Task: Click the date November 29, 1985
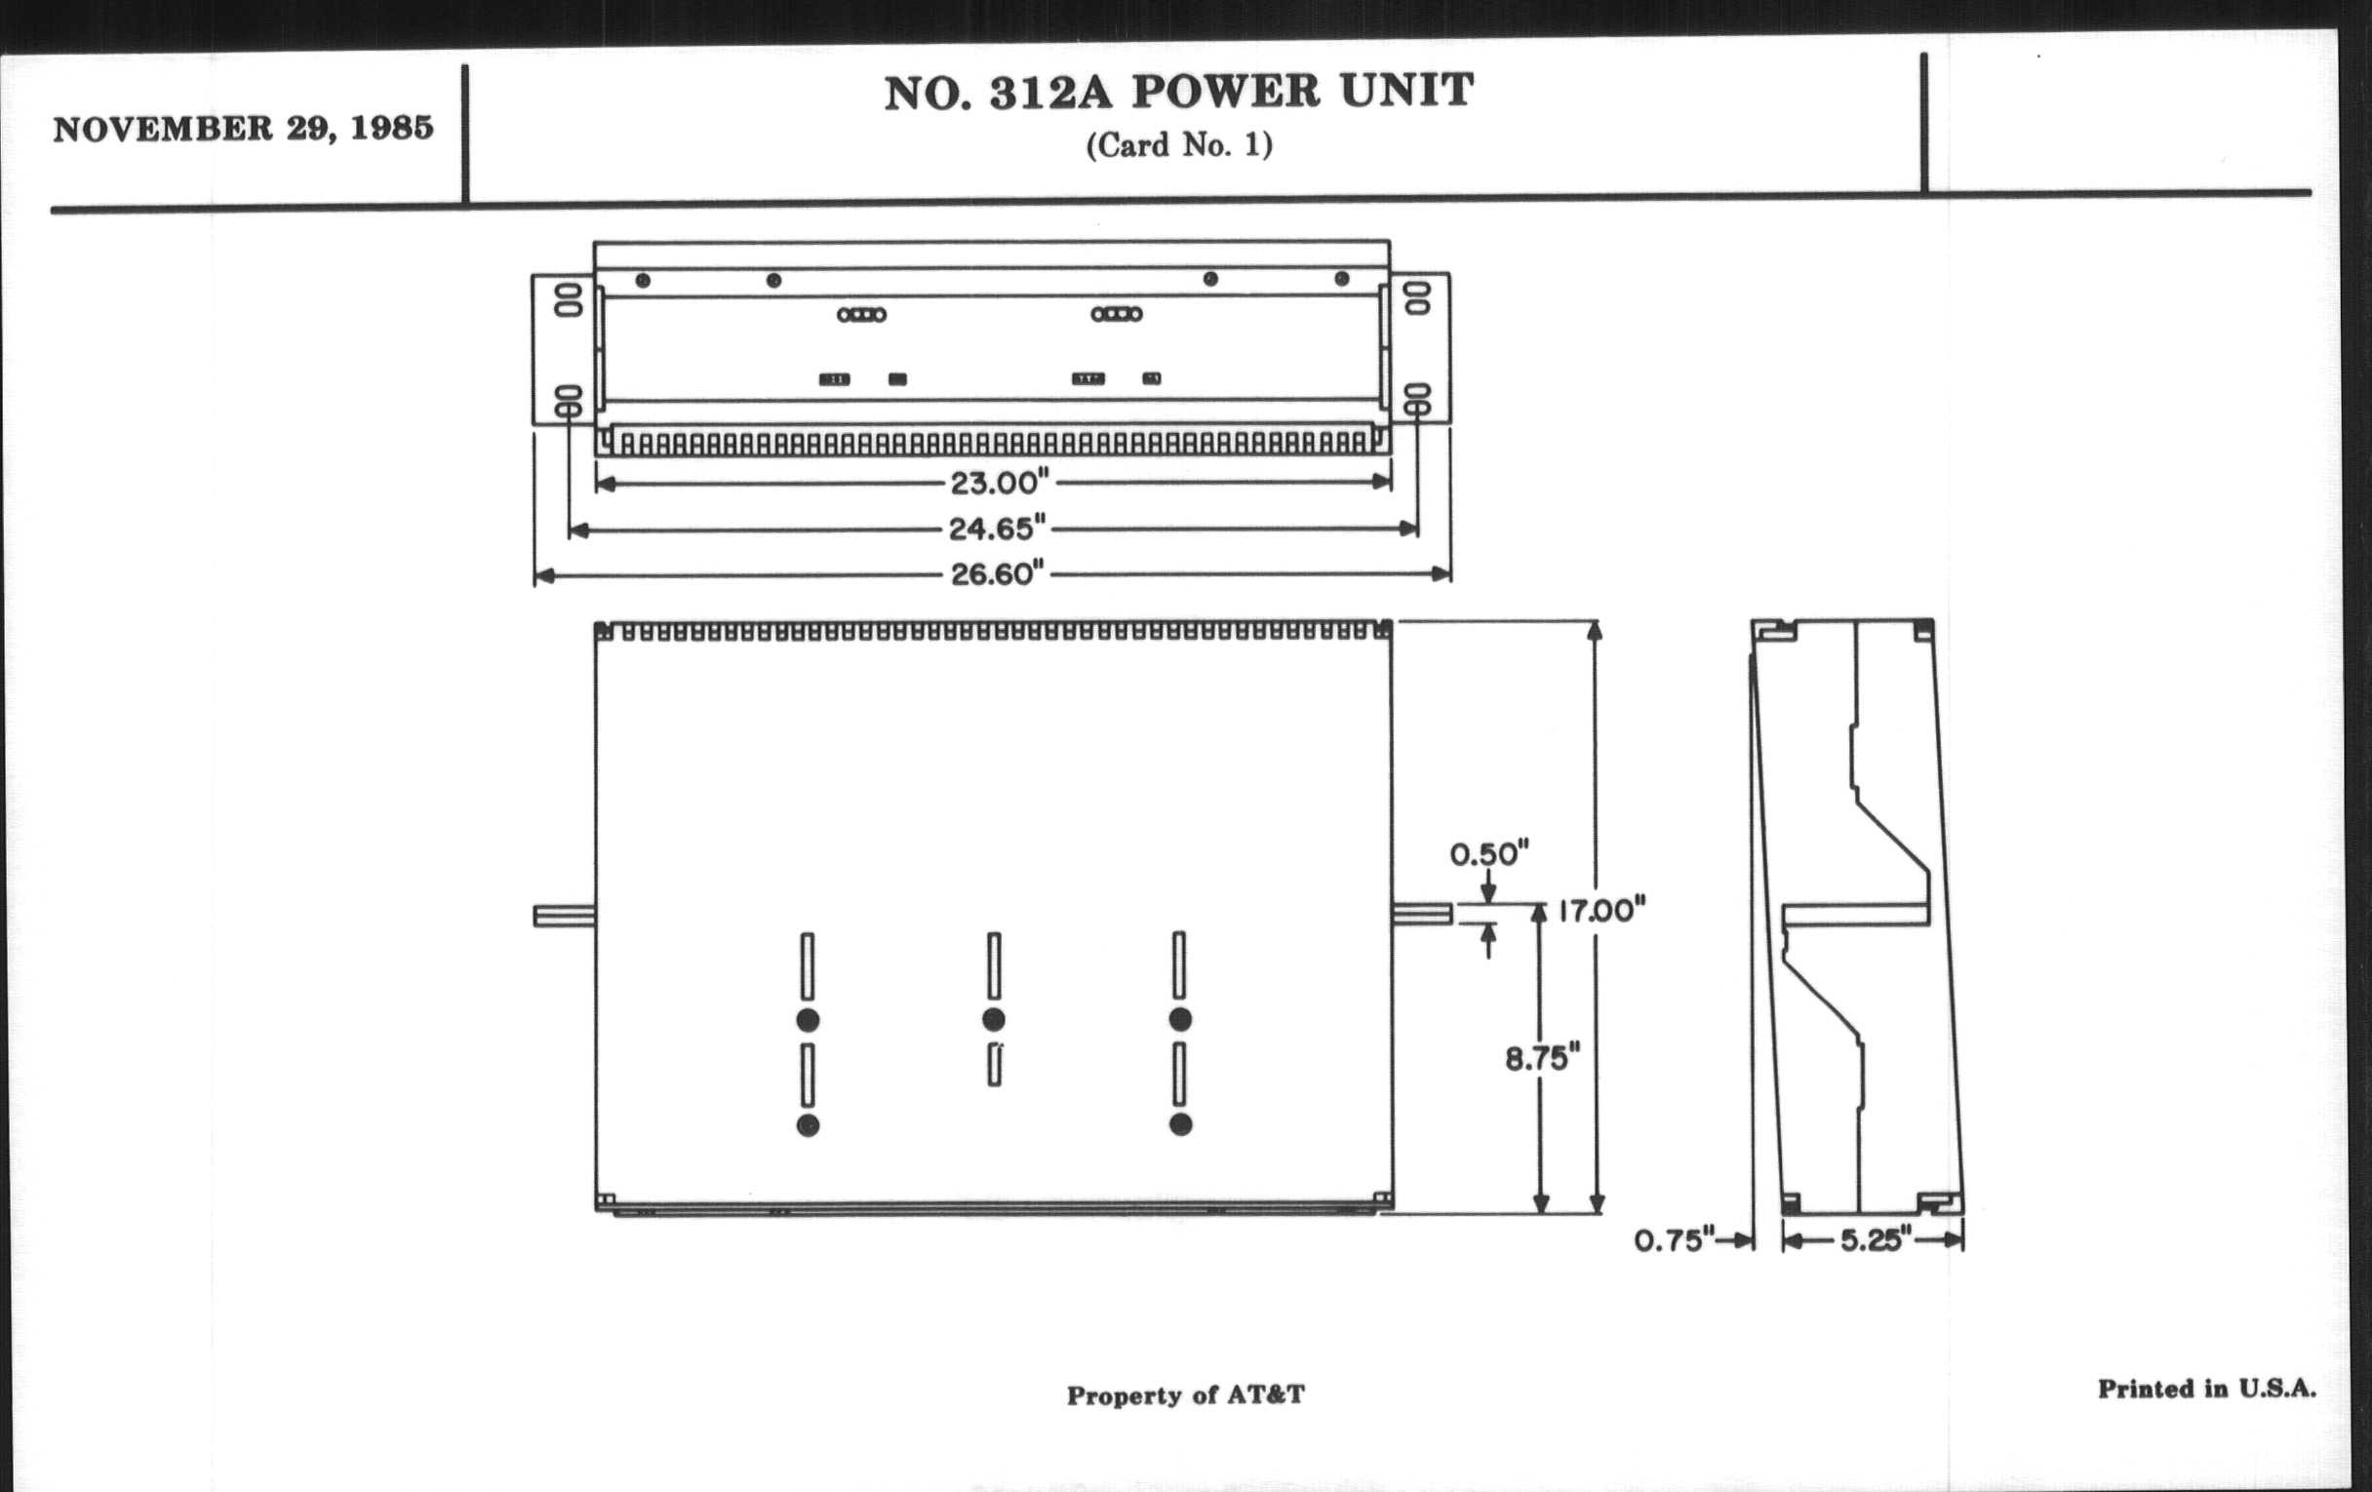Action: coord(243,129)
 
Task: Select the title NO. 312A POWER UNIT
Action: coord(1178,93)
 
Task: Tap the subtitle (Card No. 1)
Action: coord(1179,145)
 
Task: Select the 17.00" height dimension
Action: coord(1601,910)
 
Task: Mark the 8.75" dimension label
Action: coord(1542,1059)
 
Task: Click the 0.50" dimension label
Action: coord(1488,854)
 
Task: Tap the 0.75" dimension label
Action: coord(1675,1239)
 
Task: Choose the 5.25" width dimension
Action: coord(1876,1239)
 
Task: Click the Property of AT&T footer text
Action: coord(1185,1395)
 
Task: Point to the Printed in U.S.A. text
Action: coord(2206,1390)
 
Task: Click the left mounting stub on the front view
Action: coord(564,917)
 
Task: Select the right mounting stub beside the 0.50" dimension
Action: coord(1422,915)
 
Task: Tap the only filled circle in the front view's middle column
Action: coord(994,1019)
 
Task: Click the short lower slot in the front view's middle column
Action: coord(995,1066)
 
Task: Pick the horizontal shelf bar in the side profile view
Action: coord(1855,915)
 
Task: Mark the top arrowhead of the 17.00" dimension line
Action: coord(1596,628)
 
